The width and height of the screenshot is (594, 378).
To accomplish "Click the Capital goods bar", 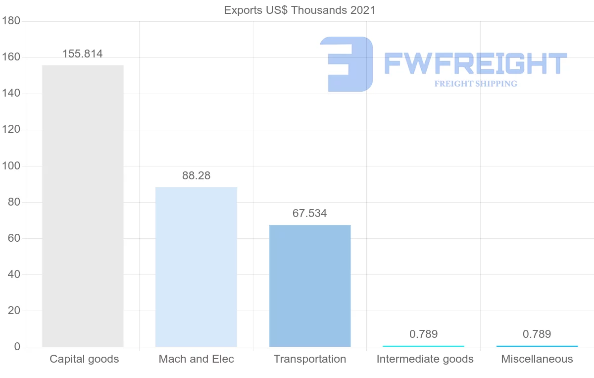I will pyautogui.click(x=83, y=206).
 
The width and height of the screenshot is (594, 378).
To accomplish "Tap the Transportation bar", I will pyautogui.click(x=310, y=285).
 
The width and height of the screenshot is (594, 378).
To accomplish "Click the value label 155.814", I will pyautogui.click(x=83, y=54).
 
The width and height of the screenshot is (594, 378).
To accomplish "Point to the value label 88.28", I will pyautogui.click(x=196, y=176).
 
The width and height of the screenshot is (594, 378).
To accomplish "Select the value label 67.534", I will pyautogui.click(x=310, y=214).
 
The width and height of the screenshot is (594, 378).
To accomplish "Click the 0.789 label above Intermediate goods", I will pyautogui.click(x=423, y=334).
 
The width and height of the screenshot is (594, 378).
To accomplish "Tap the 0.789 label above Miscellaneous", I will pyautogui.click(x=537, y=334).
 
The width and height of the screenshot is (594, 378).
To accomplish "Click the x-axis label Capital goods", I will pyautogui.click(x=84, y=359).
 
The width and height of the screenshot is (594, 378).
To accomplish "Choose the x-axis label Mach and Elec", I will pyautogui.click(x=197, y=359).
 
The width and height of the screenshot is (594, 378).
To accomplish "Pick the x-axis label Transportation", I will pyautogui.click(x=310, y=359).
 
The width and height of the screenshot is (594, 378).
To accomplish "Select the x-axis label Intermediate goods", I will pyautogui.click(x=425, y=359).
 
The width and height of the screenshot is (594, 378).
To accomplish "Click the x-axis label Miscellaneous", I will pyautogui.click(x=537, y=359).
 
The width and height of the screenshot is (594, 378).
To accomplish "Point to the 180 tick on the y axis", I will pyautogui.click(x=11, y=21).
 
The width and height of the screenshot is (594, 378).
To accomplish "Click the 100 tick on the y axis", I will pyautogui.click(x=11, y=166).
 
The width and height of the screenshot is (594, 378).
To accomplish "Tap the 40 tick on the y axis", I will pyautogui.click(x=13, y=274).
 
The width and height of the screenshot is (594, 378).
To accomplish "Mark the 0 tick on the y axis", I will pyautogui.click(x=17, y=347).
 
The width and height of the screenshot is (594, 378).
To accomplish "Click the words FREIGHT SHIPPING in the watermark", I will pyautogui.click(x=476, y=84).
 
